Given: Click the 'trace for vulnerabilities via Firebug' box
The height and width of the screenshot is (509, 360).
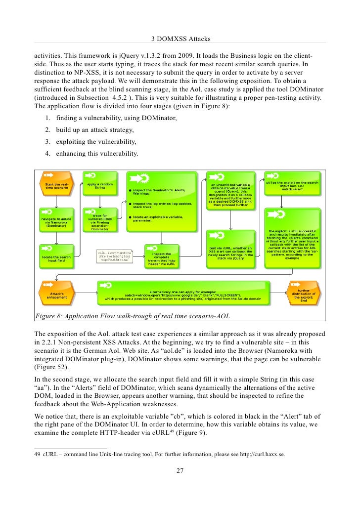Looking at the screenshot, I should click(x=100, y=220).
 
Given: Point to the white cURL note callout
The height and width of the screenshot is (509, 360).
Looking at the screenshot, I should click(x=114, y=256).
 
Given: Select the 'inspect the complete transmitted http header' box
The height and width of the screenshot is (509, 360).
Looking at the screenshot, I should click(x=162, y=257).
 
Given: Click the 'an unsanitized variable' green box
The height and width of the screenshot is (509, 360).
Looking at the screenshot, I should click(x=231, y=191).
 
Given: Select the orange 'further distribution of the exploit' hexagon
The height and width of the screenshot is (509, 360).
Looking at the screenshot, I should click(x=304, y=295).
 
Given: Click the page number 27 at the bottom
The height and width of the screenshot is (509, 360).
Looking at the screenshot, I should click(x=180, y=470).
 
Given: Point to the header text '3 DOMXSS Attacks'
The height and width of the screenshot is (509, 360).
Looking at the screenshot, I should click(x=180, y=39).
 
